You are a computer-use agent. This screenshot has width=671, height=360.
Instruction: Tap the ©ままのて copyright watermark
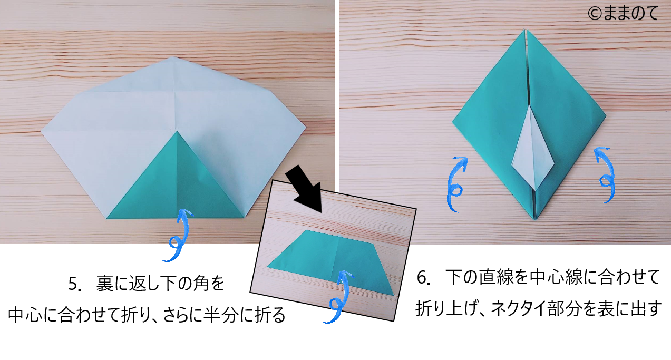click(x=623, y=13)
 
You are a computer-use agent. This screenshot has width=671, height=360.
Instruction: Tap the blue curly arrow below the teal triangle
click(x=179, y=236)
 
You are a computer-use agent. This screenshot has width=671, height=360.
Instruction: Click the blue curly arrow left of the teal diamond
click(x=455, y=184)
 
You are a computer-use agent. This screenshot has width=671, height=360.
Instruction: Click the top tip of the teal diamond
click(x=525, y=30)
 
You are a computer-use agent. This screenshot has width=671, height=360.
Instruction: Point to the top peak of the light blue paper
click(x=173, y=56)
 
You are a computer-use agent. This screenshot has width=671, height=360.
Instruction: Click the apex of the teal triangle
click(x=177, y=131)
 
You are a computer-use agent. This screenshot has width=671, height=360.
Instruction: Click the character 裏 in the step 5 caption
click(x=104, y=284)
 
